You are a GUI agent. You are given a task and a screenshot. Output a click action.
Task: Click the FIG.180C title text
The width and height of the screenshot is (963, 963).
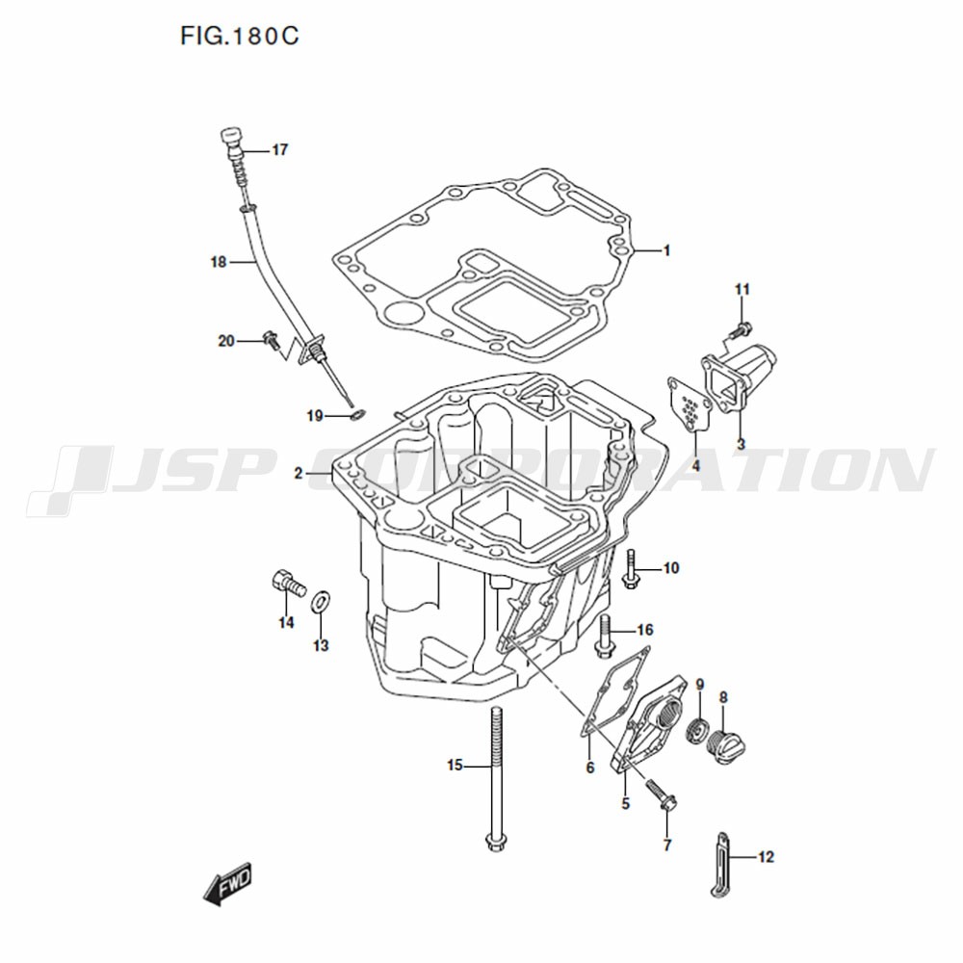tap(240, 36)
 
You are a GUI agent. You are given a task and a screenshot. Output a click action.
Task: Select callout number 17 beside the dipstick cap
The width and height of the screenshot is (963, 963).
tap(280, 150)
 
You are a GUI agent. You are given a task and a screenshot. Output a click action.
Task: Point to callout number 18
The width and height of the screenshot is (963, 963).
tap(219, 262)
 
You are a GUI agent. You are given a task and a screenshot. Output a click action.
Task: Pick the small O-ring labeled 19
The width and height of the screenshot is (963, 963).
tap(355, 416)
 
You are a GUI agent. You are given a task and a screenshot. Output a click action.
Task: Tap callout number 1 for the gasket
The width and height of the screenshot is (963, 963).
tap(666, 250)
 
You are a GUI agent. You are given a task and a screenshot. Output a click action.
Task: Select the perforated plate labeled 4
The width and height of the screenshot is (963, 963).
tap(689, 403)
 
